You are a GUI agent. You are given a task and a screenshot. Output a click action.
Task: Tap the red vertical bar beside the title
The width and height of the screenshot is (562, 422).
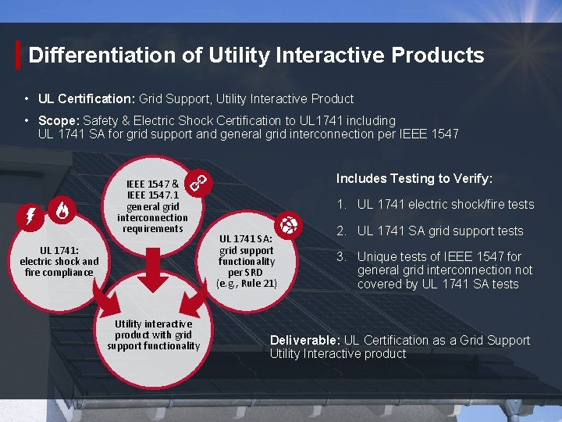pyautogui.click(x=18, y=55)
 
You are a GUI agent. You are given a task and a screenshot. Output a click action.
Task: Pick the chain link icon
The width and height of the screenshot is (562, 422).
pyautogui.click(x=199, y=184)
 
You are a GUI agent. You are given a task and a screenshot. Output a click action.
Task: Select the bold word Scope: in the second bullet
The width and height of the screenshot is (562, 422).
pyautogui.click(x=55, y=121)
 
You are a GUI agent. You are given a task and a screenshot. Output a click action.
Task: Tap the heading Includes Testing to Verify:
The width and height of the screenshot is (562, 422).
pyautogui.click(x=414, y=179)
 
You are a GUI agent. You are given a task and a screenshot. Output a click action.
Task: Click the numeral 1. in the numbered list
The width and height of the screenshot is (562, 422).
pyautogui.click(x=342, y=205)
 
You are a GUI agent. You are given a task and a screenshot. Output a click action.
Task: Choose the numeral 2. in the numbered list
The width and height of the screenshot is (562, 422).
pyautogui.click(x=342, y=231)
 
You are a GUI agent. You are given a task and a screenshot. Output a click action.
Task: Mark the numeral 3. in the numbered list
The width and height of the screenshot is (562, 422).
pyautogui.click(x=342, y=257)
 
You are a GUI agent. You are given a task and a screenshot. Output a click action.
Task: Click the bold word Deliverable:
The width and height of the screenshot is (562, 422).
pyautogui.click(x=305, y=341)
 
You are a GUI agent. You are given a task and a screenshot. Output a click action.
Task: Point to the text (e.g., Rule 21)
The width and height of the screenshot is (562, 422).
pyautogui.click(x=247, y=284)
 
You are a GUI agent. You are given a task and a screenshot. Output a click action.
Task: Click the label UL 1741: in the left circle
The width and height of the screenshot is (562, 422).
pyautogui.click(x=59, y=251)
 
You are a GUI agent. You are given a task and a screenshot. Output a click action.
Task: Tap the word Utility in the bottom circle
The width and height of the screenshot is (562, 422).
pyautogui.click(x=130, y=324)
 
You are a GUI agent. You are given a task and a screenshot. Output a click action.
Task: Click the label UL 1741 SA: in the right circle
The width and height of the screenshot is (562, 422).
pyautogui.click(x=247, y=240)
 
